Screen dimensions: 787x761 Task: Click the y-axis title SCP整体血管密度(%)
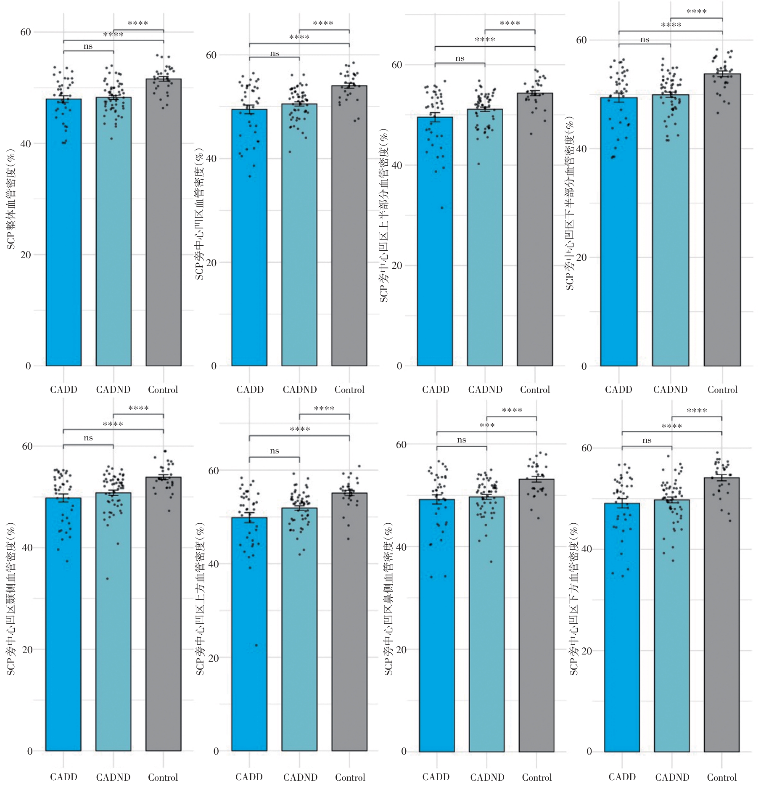(x=11, y=199)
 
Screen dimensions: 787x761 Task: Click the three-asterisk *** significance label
(x=487, y=426)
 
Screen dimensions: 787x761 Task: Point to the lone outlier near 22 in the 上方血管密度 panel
(x=256, y=645)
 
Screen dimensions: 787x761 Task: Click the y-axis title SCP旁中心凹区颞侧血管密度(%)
(x=11, y=599)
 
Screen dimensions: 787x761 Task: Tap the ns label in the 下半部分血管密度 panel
(x=645, y=40)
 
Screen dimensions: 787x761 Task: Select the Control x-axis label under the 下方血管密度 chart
(x=722, y=777)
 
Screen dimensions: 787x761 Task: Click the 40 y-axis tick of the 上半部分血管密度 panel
(x=396, y=165)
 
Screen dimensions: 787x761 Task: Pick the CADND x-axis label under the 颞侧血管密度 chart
(x=113, y=777)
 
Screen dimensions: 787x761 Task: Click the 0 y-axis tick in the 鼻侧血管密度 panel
(x=404, y=751)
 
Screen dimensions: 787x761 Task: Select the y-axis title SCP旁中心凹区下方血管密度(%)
(x=574, y=599)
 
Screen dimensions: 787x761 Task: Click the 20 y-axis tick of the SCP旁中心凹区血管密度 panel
(x=211, y=262)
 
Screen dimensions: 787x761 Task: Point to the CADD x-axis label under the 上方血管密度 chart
(x=249, y=777)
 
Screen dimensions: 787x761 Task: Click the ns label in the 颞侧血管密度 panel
(x=88, y=438)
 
